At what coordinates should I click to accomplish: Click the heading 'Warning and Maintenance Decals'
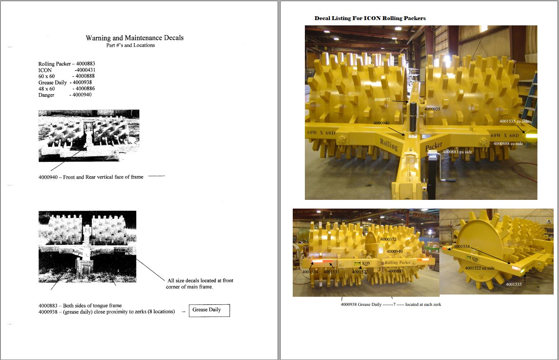[x=134, y=38]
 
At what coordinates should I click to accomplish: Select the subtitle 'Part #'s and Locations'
[x=130, y=45]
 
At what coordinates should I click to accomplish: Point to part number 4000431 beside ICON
[x=85, y=70]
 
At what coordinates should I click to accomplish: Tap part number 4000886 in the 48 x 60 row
[x=85, y=89]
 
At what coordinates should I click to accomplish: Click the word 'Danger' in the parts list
[x=46, y=95]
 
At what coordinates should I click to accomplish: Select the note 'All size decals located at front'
[x=200, y=281]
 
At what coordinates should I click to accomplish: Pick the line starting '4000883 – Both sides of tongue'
[x=80, y=305]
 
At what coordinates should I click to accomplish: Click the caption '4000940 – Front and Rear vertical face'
[x=91, y=177]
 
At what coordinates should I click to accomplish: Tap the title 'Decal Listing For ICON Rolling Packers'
[x=370, y=18]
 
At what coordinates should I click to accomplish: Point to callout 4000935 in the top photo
[x=432, y=109]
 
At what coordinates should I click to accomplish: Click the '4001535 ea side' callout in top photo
[x=514, y=121]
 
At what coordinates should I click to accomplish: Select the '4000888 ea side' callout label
[x=508, y=143]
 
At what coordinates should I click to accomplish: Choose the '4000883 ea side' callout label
[x=458, y=152]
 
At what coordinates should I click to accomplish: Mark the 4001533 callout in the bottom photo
[x=331, y=272]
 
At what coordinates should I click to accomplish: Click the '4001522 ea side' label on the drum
[x=479, y=268]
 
